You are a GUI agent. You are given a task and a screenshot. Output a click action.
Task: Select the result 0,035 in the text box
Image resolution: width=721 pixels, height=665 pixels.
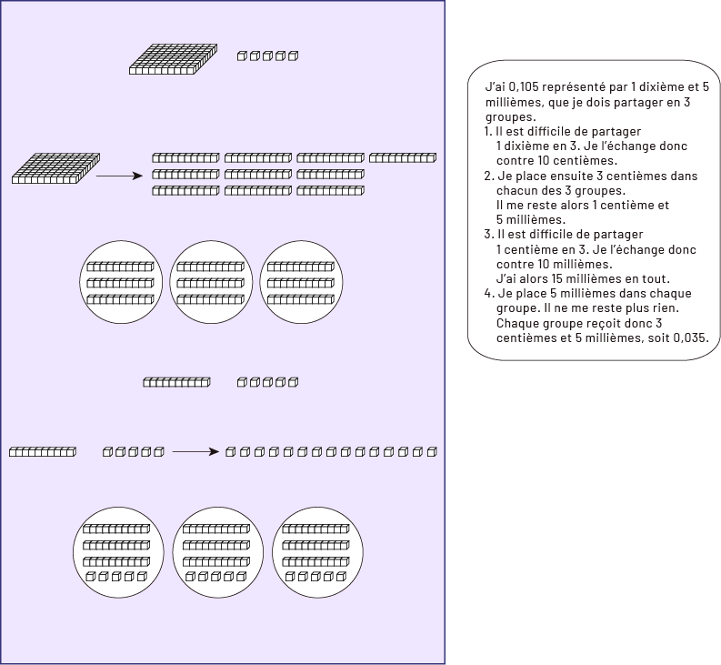click(690, 337)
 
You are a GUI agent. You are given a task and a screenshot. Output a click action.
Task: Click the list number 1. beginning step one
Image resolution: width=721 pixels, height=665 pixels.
click(488, 132)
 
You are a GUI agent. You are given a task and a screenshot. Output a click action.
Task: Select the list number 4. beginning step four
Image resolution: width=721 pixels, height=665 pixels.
click(489, 293)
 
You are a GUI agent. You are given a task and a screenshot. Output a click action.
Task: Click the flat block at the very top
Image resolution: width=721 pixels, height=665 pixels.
click(175, 57)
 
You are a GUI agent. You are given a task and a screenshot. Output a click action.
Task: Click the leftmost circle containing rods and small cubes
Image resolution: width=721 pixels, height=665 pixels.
click(116, 551)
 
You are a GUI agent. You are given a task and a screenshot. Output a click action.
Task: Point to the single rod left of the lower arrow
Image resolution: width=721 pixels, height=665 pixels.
click(42, 451)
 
